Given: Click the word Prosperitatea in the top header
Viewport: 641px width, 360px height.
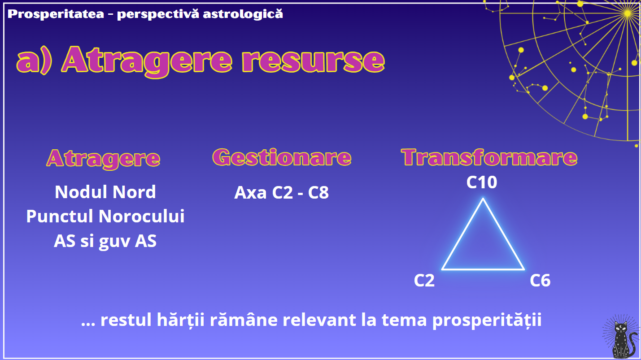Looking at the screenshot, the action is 56,14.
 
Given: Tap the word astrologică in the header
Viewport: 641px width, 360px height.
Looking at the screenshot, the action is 243,13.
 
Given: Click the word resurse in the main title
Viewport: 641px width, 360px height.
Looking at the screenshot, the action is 313,61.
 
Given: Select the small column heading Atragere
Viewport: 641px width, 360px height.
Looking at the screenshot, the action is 103,159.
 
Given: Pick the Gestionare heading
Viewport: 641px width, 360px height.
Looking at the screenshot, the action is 282,157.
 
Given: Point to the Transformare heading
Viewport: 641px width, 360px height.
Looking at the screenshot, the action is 489,157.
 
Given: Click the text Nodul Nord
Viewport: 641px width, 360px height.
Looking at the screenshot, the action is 105,192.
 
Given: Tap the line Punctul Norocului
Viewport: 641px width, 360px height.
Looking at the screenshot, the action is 105,216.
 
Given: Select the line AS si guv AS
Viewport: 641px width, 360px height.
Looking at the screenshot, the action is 105,241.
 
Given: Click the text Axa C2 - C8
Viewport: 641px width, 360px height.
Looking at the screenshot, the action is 282,192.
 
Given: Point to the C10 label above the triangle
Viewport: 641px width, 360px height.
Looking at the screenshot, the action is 482,182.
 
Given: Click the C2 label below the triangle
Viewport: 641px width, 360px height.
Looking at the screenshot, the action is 424,281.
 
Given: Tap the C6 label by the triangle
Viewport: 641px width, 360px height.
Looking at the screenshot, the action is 540,281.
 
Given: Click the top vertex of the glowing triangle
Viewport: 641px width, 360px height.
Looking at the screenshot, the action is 483,198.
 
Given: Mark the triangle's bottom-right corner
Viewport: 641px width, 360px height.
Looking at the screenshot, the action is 523,269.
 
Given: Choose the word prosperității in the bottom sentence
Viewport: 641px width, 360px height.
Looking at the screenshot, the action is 487,320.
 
